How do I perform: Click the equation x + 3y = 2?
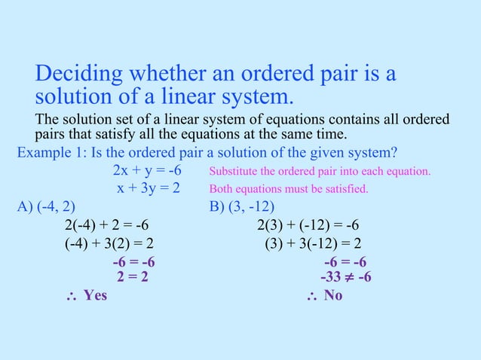click(148, 188)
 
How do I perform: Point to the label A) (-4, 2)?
click(46, 206)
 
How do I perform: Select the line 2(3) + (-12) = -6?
click(308, 224)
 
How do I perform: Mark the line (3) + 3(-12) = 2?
click(313, 243)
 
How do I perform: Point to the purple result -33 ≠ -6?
click(345, 276)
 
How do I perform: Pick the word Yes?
click(95, 295)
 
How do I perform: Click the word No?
click(332, 295)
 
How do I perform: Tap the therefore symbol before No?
click(312, 296)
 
